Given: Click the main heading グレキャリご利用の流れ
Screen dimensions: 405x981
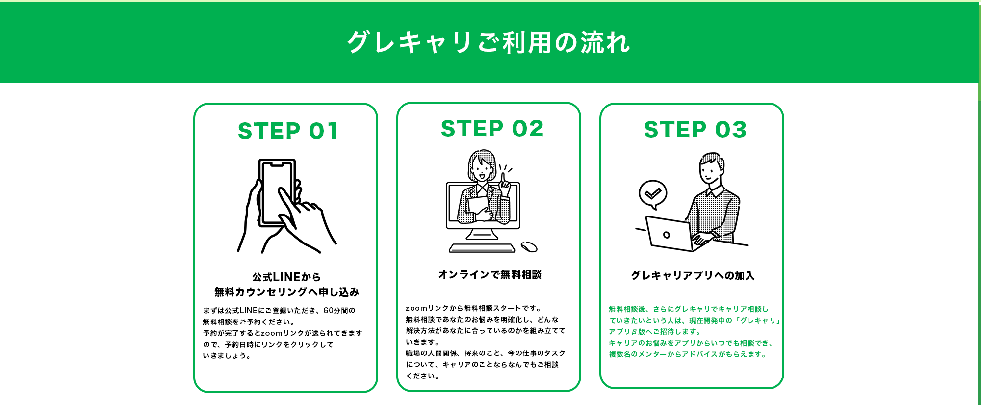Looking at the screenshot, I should click(488, 43).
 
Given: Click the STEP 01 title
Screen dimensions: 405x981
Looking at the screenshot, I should click(288, 132).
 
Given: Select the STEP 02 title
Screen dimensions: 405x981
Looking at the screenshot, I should click(492, 129).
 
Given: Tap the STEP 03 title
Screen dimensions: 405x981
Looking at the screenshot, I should click(695, 130).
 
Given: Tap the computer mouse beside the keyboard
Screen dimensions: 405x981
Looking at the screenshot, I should click(529, 246).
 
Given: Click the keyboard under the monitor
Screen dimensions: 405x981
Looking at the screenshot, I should click(482, 248).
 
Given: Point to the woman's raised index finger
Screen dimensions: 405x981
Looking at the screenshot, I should click(502, 178).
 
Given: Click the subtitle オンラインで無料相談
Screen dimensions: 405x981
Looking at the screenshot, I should click(490, 275).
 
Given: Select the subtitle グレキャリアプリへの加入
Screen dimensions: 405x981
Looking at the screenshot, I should click(693, 276).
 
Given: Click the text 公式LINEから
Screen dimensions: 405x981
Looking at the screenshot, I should click(286, 277).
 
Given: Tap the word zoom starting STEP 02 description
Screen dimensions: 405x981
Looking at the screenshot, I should click(416, 308).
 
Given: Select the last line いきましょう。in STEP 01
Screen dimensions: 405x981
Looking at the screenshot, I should click(227, 356).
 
